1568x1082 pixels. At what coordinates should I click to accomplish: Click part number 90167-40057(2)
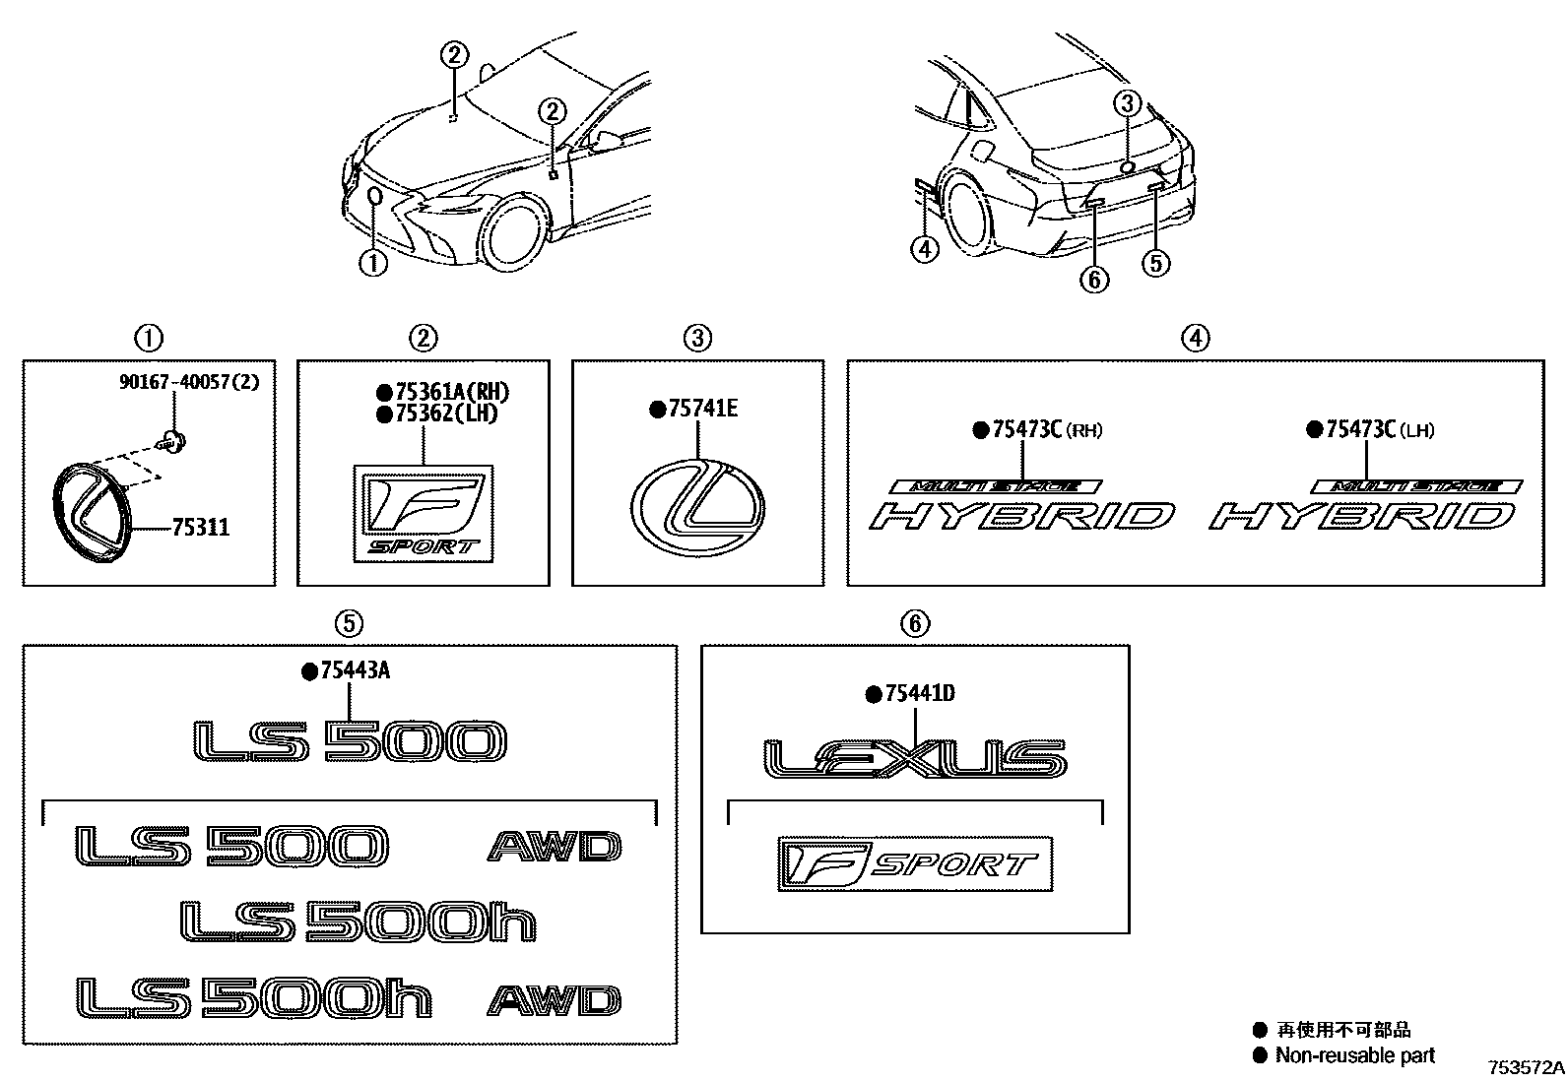coord(189,382)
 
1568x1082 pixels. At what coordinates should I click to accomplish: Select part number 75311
coord(200,528)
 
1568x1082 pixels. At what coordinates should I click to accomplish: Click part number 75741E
coord(701,409)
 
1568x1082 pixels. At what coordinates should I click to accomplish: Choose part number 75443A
coord(355,671)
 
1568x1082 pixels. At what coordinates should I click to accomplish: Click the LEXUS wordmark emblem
coord(915,759)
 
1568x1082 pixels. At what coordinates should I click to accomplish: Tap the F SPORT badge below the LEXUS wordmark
coord(915,864)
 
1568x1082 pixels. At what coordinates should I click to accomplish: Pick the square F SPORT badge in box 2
coord(424,514)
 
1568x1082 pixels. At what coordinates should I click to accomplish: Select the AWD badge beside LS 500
coord(555,847)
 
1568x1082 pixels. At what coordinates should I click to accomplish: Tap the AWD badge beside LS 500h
coord(555,1000)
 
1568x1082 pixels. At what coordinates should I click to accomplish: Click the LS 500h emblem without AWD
coord(359,922)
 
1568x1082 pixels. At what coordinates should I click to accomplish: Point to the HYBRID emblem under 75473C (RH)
coord(1022,515)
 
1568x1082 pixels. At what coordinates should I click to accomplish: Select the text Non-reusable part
coord(1355,1055)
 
